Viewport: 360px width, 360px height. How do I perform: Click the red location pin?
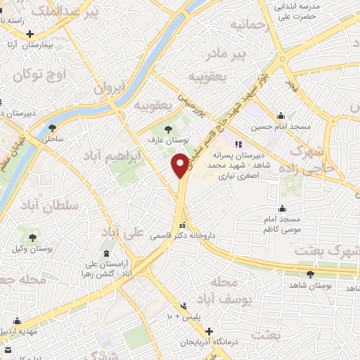point(180,166)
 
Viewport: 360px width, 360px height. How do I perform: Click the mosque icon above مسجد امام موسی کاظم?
point(283,208)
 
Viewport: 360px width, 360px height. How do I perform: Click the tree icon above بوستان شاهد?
point(309,274)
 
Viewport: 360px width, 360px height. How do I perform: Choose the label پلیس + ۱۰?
point(184,317)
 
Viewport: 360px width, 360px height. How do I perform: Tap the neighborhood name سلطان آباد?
point(49,205)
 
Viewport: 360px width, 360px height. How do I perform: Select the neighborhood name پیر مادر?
point(232,54)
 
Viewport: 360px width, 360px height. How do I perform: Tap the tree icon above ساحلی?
point(53,127)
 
